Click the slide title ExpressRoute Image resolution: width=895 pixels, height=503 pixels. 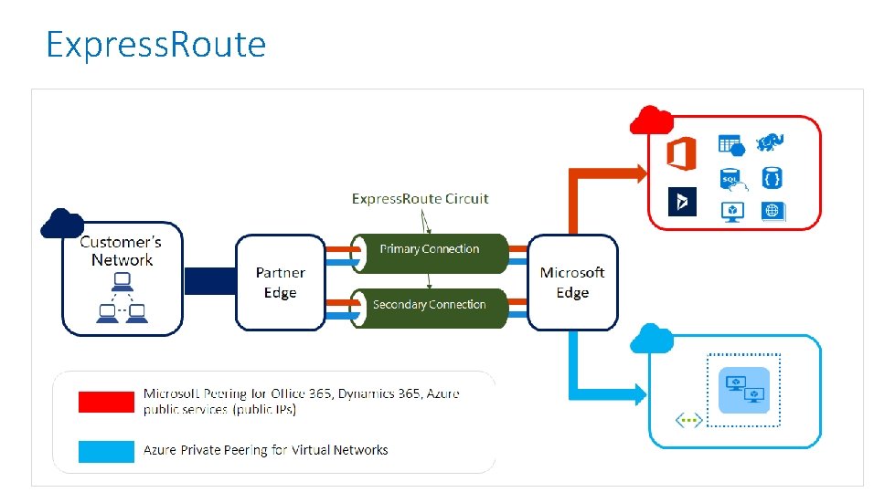(156, 43)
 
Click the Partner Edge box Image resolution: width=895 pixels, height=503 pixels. (280, 283)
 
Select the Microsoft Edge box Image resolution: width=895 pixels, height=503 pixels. (572, 283)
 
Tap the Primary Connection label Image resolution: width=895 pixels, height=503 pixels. (430, 249)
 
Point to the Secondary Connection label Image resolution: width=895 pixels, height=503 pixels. (430, 305)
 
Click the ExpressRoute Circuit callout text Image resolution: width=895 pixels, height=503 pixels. (421, 198)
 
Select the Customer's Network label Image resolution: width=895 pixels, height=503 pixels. (121, 250)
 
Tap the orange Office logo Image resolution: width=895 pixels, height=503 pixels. (681, 152)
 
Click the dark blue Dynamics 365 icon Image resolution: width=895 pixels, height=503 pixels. (682, 202)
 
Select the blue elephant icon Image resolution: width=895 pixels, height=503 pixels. (771, 143)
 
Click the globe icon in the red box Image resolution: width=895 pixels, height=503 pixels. (773, 212)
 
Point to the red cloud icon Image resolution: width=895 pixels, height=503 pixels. (652, 121)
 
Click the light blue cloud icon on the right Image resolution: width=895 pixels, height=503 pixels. (652, 338)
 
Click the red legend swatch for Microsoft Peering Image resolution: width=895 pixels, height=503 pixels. (106, 402)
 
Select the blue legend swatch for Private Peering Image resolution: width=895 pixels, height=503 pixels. (106, 451)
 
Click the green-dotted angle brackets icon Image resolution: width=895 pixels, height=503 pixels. (688, 421)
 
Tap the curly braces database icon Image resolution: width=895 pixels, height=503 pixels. (772, 178)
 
